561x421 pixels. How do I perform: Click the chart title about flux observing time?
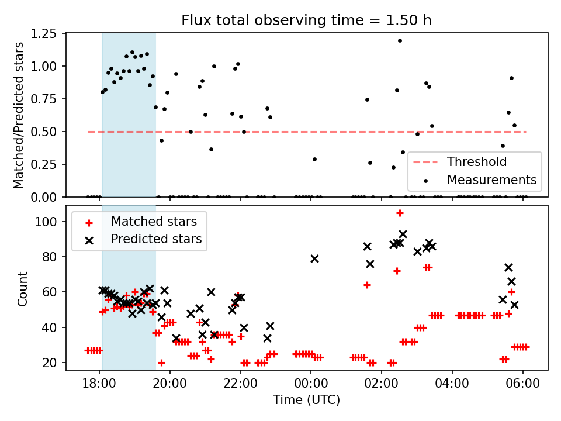(x=307, y=20)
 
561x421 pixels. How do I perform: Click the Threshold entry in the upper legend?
(x=477, y=162)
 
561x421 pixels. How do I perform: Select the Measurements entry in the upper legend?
(x=491, y=180)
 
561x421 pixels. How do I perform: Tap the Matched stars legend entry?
(x=154, y=222)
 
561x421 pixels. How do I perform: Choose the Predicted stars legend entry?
(x=156, y=239)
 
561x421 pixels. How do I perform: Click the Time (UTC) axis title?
(x=306, y=401)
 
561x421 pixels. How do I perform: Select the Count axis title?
(x=23, y=288)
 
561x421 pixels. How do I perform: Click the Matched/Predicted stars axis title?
(x=19, y=115)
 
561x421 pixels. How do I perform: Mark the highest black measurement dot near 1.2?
(x=400, y=40)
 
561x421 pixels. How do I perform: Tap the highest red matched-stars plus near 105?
(x=400, y=213)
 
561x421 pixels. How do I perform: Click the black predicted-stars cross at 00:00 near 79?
(x=314, y=258)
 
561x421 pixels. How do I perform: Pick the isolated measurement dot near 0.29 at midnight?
(x=314, y=159)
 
